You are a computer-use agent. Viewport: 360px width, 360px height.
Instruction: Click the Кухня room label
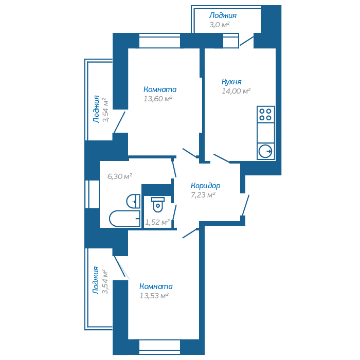[x=231, y=82]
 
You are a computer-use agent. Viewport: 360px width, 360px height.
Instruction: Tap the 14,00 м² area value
[x=236, y=91]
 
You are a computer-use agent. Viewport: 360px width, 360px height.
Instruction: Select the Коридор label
[x=205, y=186]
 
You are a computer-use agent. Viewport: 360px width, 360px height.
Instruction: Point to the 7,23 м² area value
[x=203, y=195]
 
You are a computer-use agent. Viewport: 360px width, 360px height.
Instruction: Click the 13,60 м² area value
[x=158, y=99]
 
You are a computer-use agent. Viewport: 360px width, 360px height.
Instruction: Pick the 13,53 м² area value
[x=154, y=296]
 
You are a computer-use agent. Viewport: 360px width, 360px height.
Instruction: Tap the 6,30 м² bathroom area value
[x=120, y=176]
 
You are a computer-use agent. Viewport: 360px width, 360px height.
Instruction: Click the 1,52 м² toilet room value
[x=157, y=222]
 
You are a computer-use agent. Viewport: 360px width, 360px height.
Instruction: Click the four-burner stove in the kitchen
[x=266, y=114]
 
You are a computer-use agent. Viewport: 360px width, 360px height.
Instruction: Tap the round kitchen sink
[x=266, y=151]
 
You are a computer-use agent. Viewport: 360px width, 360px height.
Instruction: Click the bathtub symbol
[x=124, y=219]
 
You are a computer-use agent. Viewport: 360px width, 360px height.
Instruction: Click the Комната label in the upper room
[x=160, y=89]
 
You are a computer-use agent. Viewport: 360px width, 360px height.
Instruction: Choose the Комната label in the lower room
[x=156, y=286]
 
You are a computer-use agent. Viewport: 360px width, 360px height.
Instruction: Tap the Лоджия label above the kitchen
[x=223, y=16]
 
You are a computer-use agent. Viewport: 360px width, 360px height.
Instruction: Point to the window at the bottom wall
[x=159, y=346]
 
